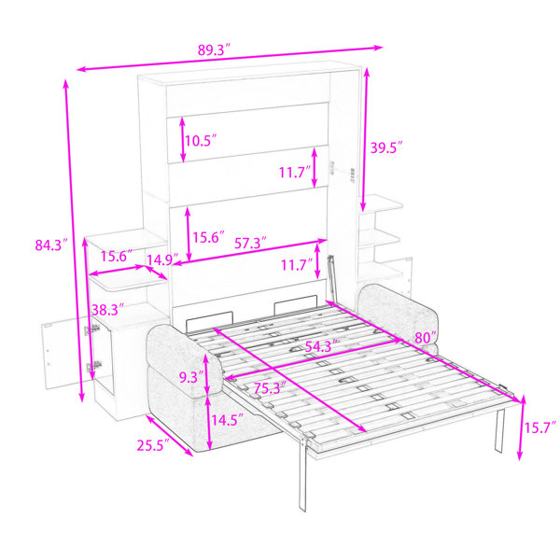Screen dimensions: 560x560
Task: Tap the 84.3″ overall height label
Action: (51, 245)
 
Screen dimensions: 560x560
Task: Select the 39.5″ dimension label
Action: (386, 147)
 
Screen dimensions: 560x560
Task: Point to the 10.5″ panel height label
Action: (201, 141)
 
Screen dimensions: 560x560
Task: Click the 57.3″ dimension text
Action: (250, 244)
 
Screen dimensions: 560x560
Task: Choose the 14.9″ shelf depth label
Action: (162, 259)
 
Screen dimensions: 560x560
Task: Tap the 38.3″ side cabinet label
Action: (107, 310)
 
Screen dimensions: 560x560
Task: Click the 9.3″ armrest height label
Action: (191, 377)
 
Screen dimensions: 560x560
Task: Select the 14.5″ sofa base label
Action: (228, 420)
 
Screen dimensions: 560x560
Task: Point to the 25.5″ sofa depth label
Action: (154, 445)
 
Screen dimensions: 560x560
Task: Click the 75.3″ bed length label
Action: (270, 388)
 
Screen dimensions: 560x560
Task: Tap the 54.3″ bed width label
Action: (322, 346)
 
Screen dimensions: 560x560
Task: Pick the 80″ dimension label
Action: (426, 338)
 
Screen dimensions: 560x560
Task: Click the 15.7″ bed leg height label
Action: (540, 427)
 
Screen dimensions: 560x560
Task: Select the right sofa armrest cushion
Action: (399, 312)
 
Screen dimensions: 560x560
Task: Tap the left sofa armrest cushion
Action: (185, 360)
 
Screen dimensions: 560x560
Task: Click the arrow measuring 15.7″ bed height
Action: (521, 427)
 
